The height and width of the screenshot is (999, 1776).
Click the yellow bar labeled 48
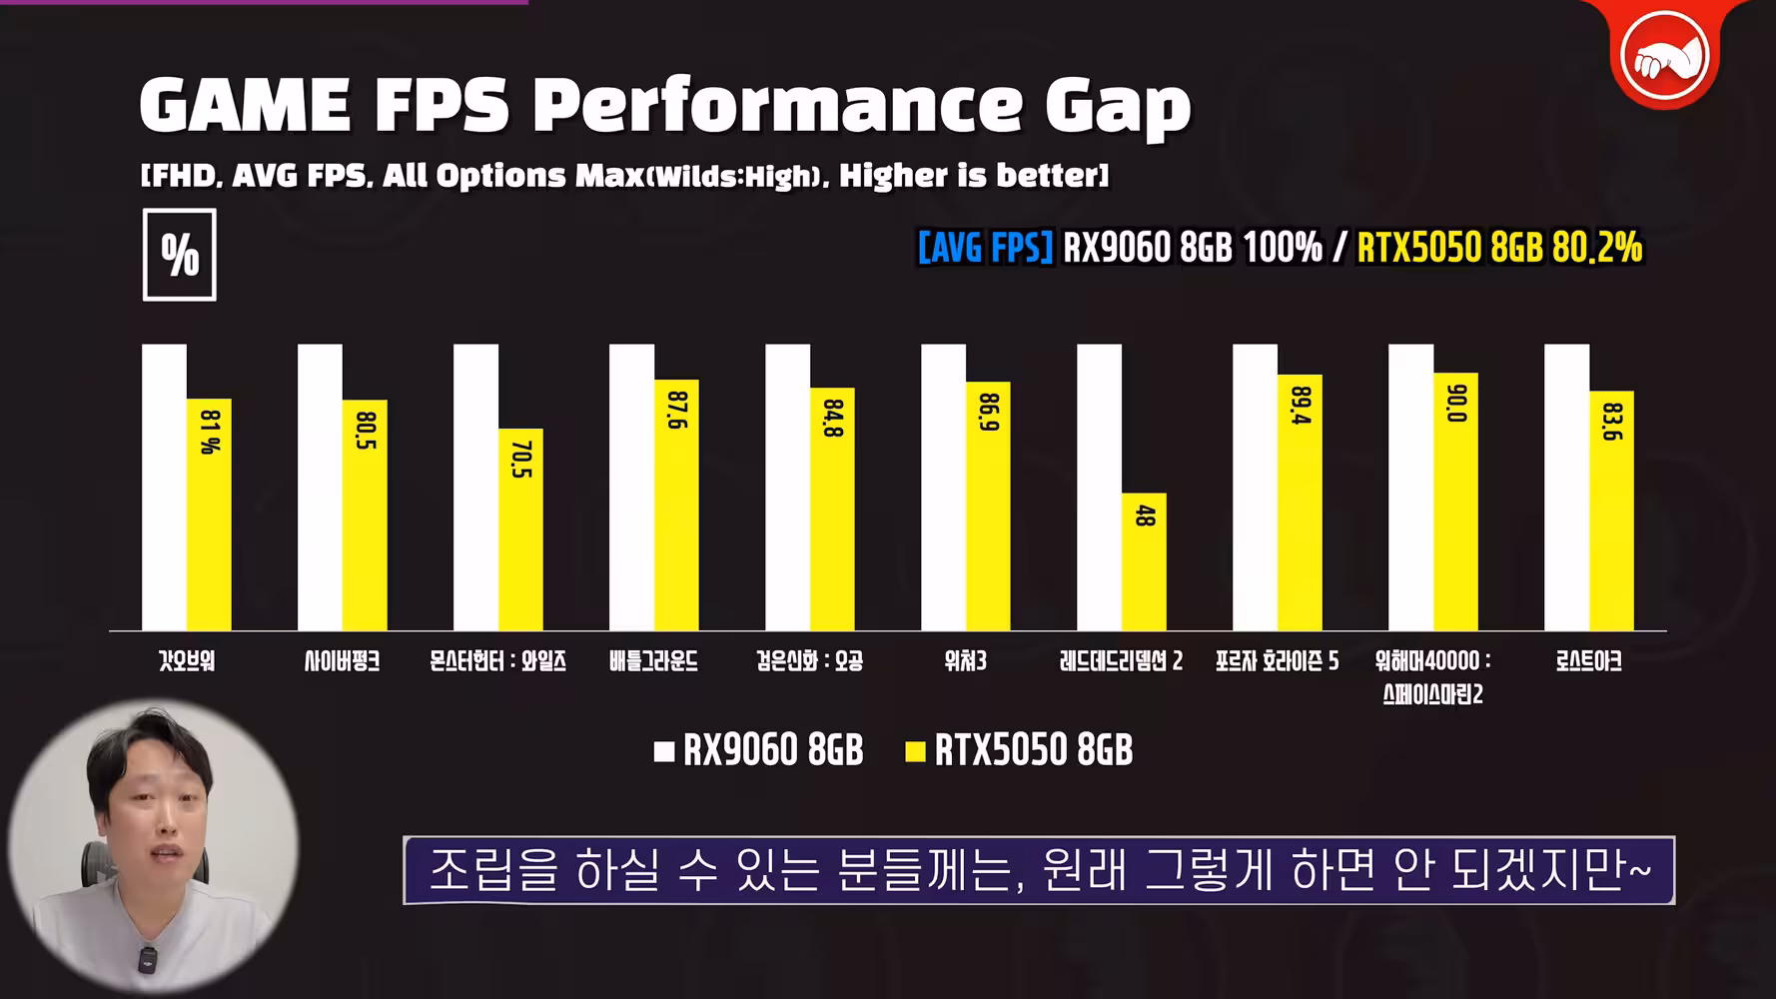coord(1144,561)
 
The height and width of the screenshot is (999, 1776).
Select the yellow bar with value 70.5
coord(520,529)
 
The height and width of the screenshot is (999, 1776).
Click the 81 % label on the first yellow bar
coord(209,432)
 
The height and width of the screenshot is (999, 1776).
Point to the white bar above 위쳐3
coord(943,487)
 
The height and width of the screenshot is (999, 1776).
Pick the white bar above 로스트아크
coord(1566,487)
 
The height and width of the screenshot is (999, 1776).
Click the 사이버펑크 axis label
coord(342,661)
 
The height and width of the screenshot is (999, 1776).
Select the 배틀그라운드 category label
coord(653,661)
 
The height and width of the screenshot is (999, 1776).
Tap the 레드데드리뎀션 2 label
coord(1121,661)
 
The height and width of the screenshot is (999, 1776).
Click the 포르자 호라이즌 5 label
coord(1277,661)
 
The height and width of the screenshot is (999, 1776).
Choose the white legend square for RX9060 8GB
coord(664,752)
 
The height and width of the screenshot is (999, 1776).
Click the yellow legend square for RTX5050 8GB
coord(915,752)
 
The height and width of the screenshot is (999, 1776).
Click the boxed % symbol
coord(180,256)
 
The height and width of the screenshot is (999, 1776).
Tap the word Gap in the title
coord(1118,106)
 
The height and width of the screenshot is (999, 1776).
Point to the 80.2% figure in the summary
coord(1597,248)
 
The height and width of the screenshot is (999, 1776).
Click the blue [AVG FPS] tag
coord(985,248)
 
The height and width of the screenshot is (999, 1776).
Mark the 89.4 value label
coord(1301,406)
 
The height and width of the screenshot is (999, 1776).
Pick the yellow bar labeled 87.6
coord(676,504)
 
